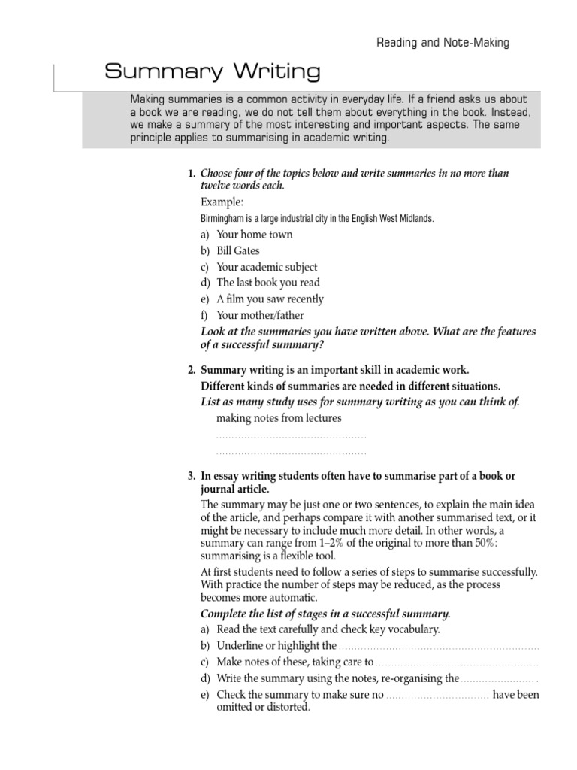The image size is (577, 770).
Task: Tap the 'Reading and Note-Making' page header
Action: click(x=443, y=43)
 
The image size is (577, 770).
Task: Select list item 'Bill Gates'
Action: click(x=238, y=250)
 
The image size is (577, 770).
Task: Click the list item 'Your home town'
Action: click(x=255, y=235)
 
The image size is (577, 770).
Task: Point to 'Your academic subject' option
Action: click(x=267, y=267)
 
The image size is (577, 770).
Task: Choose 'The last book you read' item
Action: click(x=268, y=283)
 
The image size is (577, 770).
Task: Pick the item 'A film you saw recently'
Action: click(x=270, y=299)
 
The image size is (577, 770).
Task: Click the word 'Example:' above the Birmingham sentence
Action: click(x=222, y=203)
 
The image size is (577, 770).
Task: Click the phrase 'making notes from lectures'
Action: click(x=278, y=418)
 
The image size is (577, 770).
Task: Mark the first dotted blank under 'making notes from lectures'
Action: click(x=291, y=436)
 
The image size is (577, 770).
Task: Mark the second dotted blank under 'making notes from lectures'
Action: click(x=291, y=453)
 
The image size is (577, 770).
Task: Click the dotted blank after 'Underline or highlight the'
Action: click(x=439, y=646)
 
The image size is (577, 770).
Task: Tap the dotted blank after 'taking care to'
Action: click(x=457, y=662)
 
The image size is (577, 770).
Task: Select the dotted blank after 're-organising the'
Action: click(x=499, y=679)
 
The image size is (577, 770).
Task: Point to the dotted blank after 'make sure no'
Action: click(x=438, y=695)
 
